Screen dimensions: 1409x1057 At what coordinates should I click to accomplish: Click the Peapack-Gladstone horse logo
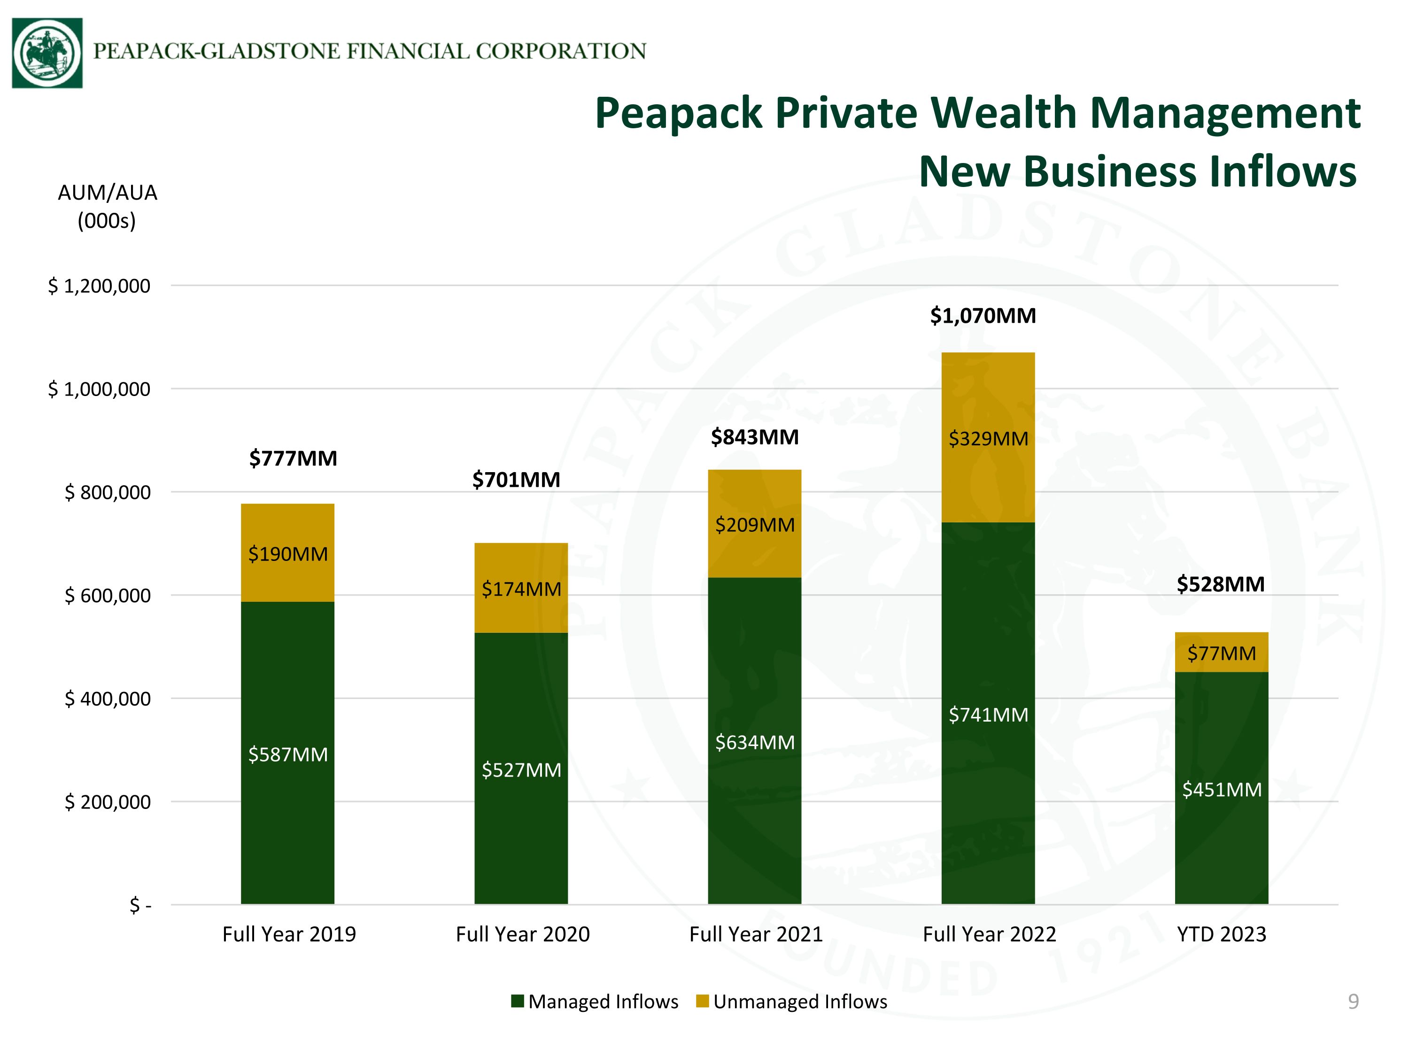(x=47, y=53)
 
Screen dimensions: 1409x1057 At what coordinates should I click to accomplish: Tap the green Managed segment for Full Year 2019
(x=287, y=753)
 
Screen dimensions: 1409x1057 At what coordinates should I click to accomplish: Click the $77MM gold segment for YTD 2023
(x=1222, y=653)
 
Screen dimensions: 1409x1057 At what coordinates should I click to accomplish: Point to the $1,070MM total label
(x=983, y=315)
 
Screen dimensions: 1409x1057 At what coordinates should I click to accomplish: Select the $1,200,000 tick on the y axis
(x=100, y=286)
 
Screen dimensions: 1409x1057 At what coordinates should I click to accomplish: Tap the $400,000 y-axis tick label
(x=108, y=699)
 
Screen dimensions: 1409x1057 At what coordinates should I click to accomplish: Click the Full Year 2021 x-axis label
(x=756, y=934)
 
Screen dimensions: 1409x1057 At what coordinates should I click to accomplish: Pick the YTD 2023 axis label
(x=1222, y=934)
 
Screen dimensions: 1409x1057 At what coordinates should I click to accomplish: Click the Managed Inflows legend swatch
(x=517, y=1001)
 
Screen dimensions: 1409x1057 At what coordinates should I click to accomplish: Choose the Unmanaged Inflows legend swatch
(x=703, y=1001)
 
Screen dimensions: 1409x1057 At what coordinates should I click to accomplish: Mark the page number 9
(x=1354, y=1002)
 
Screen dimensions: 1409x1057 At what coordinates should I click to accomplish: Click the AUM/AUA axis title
(x=107, y=206)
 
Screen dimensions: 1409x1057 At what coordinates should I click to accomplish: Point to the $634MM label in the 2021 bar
(x=755, y=742)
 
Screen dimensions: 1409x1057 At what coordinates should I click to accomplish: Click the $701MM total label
(x=516, y=479)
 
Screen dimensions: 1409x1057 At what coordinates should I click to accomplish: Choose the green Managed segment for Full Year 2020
(x=521, y=769)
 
